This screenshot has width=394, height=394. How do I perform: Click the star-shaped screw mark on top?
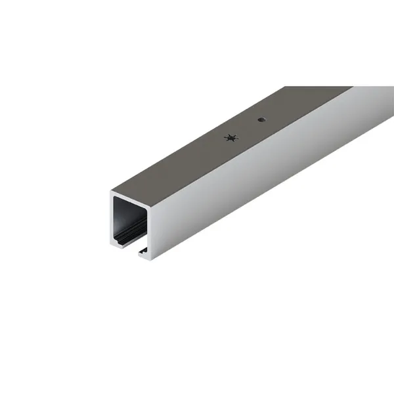pyautogui.click(x=229, y=138)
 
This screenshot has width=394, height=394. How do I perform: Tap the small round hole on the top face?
pyautogui.click(x=261, y=120)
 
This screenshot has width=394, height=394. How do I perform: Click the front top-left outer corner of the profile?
pyautogui.click(x=111, y=192)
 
